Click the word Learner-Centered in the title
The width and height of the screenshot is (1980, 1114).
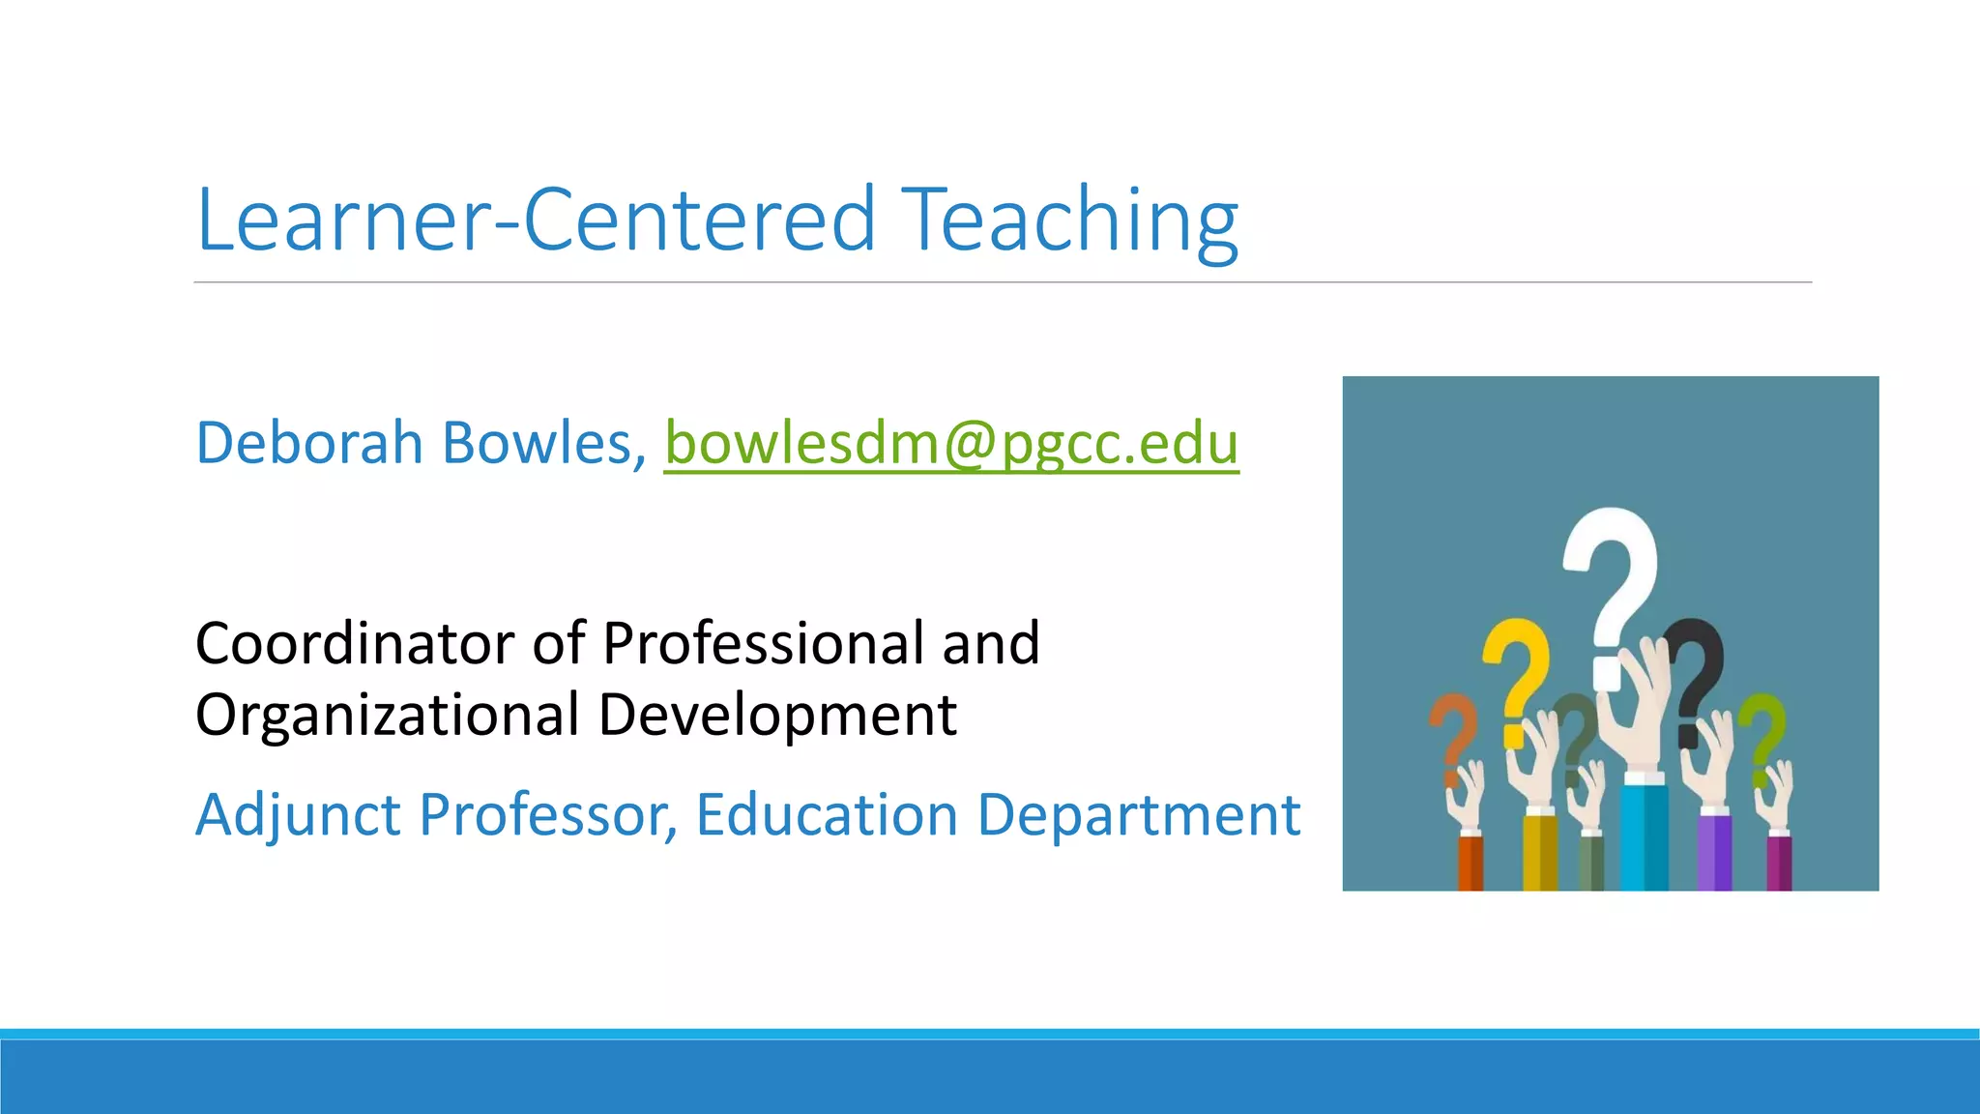click(x=536, y=220)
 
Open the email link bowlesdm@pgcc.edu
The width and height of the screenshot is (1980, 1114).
click(x=951, y=445)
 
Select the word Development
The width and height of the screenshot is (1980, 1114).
click(x=777, y=715)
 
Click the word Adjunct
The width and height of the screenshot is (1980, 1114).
click(x=298, y=814)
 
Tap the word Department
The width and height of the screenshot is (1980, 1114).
click(x=1138, y=814)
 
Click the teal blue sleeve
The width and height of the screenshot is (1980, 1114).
click(x=1644, y=836)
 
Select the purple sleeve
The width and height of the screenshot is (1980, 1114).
click(x=1714, y=851)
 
